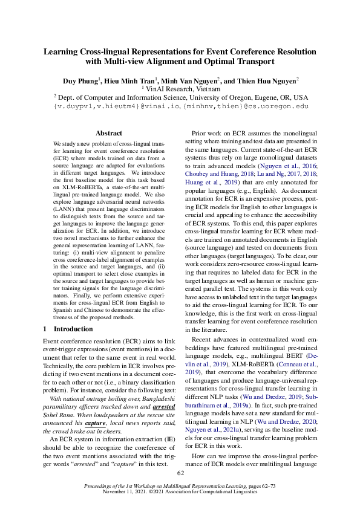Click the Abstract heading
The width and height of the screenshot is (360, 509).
pyautogui.click(x=109, y=133)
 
